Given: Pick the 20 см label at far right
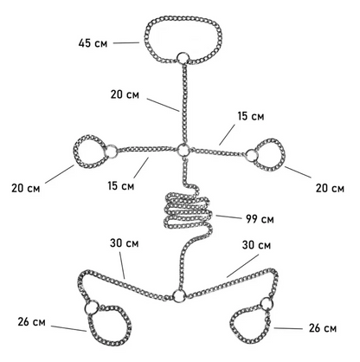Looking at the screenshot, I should [x=327, y=189].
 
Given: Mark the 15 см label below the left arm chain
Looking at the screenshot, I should [x=122, y=184].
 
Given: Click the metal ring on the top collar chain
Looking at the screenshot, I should [x=182, y=59].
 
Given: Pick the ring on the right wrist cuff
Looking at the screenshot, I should [x=250, y=156].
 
